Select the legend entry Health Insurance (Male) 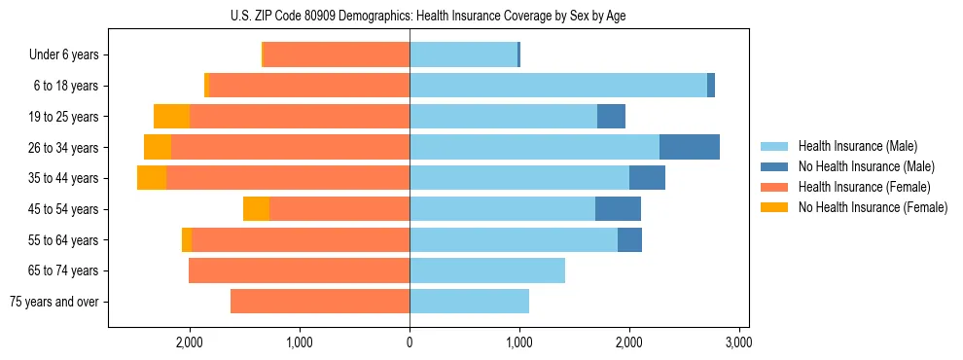pos(851,146)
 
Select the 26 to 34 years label pos(64,148)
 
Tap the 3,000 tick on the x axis pos(738,342)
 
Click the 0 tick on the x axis pos(410,342)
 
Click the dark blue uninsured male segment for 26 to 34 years pos(689,147)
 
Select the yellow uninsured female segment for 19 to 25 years pos(171,117)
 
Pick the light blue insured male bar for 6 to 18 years pos(557,86)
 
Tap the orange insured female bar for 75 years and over pos(320,302)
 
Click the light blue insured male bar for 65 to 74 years pos(487,270)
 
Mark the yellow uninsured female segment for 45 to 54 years pos(256,209)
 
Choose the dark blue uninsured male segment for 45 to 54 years pos(618,209)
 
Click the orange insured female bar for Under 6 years pos(337,55)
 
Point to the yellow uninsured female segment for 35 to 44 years pos(152,178)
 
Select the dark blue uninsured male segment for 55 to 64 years pos(629,240)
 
